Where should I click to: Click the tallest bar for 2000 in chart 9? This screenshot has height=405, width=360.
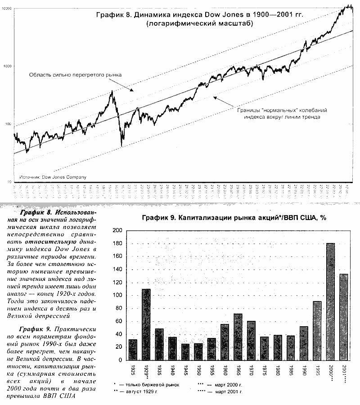(331, 301)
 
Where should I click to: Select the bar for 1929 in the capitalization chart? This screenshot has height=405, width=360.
(146, 324)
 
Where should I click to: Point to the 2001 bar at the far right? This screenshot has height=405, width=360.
(344, 317)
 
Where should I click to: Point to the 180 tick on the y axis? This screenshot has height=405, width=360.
(117, 244)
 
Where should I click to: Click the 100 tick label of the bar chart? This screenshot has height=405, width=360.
(117, 296)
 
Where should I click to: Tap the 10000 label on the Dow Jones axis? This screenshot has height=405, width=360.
(7, 9)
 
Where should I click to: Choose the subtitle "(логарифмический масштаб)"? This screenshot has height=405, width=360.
(200, 24)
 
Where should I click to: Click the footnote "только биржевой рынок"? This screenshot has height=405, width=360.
(150, 385)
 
